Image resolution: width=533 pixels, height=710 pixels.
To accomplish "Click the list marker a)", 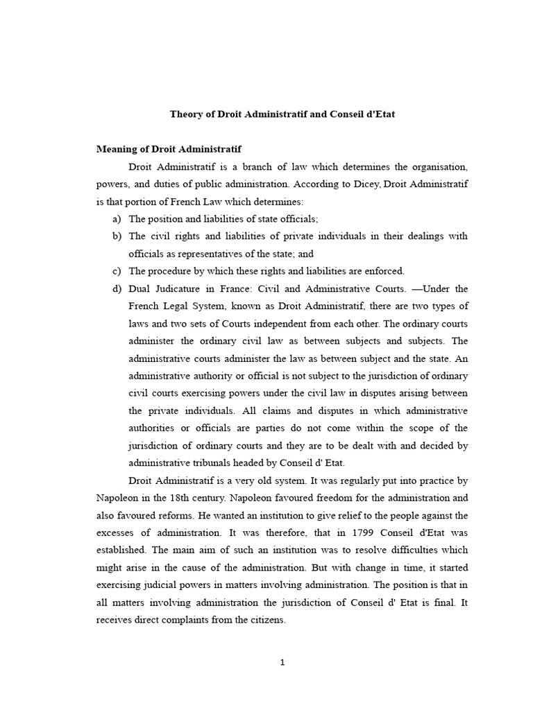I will [117, 219].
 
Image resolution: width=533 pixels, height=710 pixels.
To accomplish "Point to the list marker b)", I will [117, 236].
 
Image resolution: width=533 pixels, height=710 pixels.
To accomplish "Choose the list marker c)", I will [117, 271].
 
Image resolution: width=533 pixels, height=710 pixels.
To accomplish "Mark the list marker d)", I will [117, 288].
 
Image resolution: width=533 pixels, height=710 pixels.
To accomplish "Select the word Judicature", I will [183, 288].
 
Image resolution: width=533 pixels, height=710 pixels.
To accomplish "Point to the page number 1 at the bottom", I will [282, 662].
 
